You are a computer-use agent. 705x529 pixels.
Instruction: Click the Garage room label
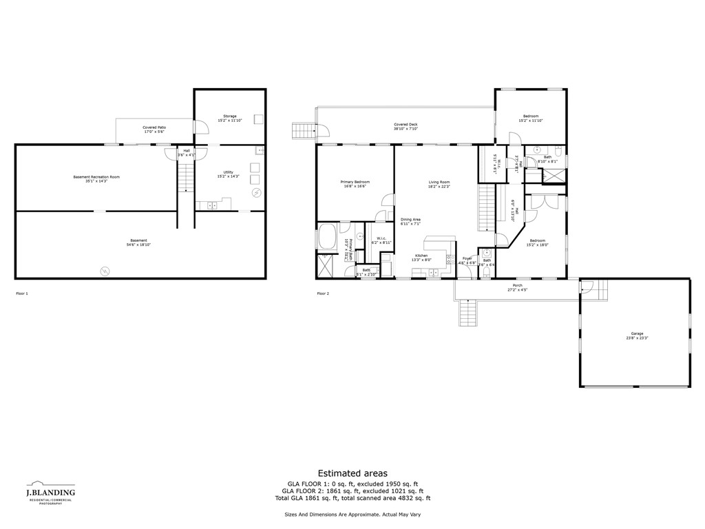pyautogui.click(x=636, y=333)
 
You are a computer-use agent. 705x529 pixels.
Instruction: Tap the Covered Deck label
pyautogui.click(x=406, y=125)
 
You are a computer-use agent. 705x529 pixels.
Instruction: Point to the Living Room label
pyautogui.click(x=439, y=182)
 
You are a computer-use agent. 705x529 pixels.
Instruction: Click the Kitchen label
pyautogui.click(x=421, y=256)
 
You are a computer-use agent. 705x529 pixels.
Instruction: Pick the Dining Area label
pyautogui.click(x=410, y=220)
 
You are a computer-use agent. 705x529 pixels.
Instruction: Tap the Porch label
pyautogui.click(x=517, y=285)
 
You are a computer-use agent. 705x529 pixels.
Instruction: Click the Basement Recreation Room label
pyautogui.click(x=96, y=177)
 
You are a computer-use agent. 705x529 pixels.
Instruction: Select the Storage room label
pyautogui.click(x=229, y=116)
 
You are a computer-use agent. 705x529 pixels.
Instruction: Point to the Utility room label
pyautogui.click(x=229, y=173)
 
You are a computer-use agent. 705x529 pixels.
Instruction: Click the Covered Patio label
pyautogui.click(x=154, y=127)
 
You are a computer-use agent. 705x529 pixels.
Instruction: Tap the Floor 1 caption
pyautogui.click(x=22, y=293)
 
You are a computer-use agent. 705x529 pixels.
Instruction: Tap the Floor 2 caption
pyautogui.click(x=323, y=293)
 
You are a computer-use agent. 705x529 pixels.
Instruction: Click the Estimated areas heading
pyautogui.click(x=352, y=473)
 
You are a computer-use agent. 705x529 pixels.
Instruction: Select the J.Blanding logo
pyautogui.click(x=50, y=493)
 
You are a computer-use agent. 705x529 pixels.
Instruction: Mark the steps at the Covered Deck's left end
pyautogui.click(x=302, y=130)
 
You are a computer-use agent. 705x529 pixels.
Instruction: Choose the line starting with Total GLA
pyautogui.click(x=352, y=498)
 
